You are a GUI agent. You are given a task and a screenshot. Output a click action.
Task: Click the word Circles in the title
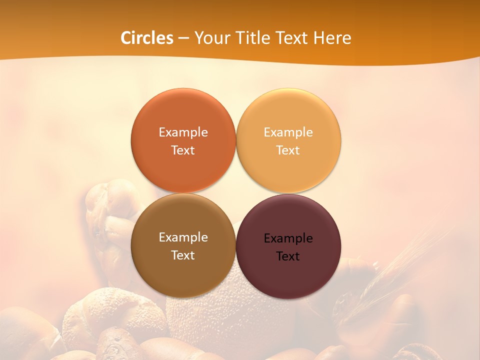click(x=146, y=38)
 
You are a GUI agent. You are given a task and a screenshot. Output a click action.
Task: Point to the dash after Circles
click(x=183, y=38)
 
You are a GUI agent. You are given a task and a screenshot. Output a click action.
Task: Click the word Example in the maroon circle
click(x=288, y=238)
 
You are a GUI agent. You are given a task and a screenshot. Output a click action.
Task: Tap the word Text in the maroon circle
click(x=288, y=256)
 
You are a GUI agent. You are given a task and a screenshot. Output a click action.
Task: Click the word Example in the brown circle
click(x=183, y=237)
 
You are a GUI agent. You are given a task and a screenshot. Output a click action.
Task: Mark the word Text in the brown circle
click(x=183, y=255)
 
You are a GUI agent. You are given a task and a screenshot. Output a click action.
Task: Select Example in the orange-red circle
click(x=183, y=132)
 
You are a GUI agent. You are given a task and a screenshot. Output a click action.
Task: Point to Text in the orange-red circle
click(x=183, y=150)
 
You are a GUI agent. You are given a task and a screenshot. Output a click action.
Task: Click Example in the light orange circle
click(x=288, y=132)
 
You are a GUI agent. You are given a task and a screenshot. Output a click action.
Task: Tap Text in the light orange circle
click(x=288, y=150)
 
